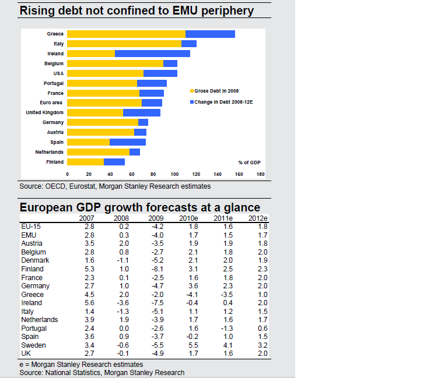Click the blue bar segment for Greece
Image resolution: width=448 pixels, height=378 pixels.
tap(210, 34)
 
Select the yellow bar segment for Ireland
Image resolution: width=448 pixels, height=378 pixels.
tap(91, 54)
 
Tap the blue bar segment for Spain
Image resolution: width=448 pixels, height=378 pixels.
tap(128, 142)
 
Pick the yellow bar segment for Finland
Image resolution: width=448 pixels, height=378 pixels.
tap(85, 162)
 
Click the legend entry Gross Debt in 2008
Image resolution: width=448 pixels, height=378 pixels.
tap(214, 91)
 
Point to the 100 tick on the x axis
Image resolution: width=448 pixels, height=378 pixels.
tap(175, 174)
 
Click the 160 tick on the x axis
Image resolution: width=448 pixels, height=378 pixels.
tap(239, 174)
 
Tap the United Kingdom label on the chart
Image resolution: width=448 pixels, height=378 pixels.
tap(45, 112)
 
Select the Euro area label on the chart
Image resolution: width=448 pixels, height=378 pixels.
tap(53, 103)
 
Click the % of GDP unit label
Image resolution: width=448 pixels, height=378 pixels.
tap(249, 162)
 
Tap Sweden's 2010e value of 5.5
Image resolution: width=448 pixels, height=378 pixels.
tap(188, 345)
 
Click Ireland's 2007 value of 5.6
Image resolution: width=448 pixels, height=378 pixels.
tap(89, 303)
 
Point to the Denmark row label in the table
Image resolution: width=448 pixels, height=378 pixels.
tap(35, 260)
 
